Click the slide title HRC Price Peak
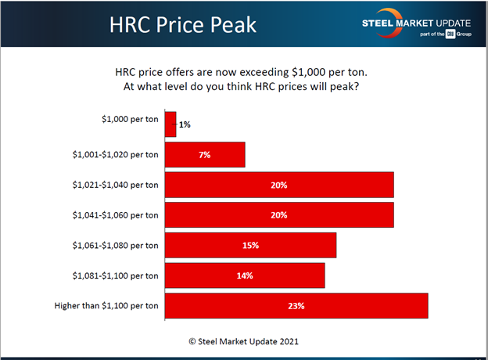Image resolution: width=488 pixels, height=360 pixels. pos(181,24)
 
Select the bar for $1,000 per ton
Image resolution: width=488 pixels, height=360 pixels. pos(170,124)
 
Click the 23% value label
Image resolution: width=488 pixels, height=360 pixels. pos(296,305)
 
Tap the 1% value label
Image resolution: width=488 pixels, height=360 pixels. pos(185,124)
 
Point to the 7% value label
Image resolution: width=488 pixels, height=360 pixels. pos(205,154)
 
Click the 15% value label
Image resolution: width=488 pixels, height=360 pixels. pos(250,245)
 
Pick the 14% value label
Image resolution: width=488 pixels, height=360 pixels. pos(245,275)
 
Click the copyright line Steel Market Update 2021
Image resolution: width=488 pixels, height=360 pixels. pos(243,341)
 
